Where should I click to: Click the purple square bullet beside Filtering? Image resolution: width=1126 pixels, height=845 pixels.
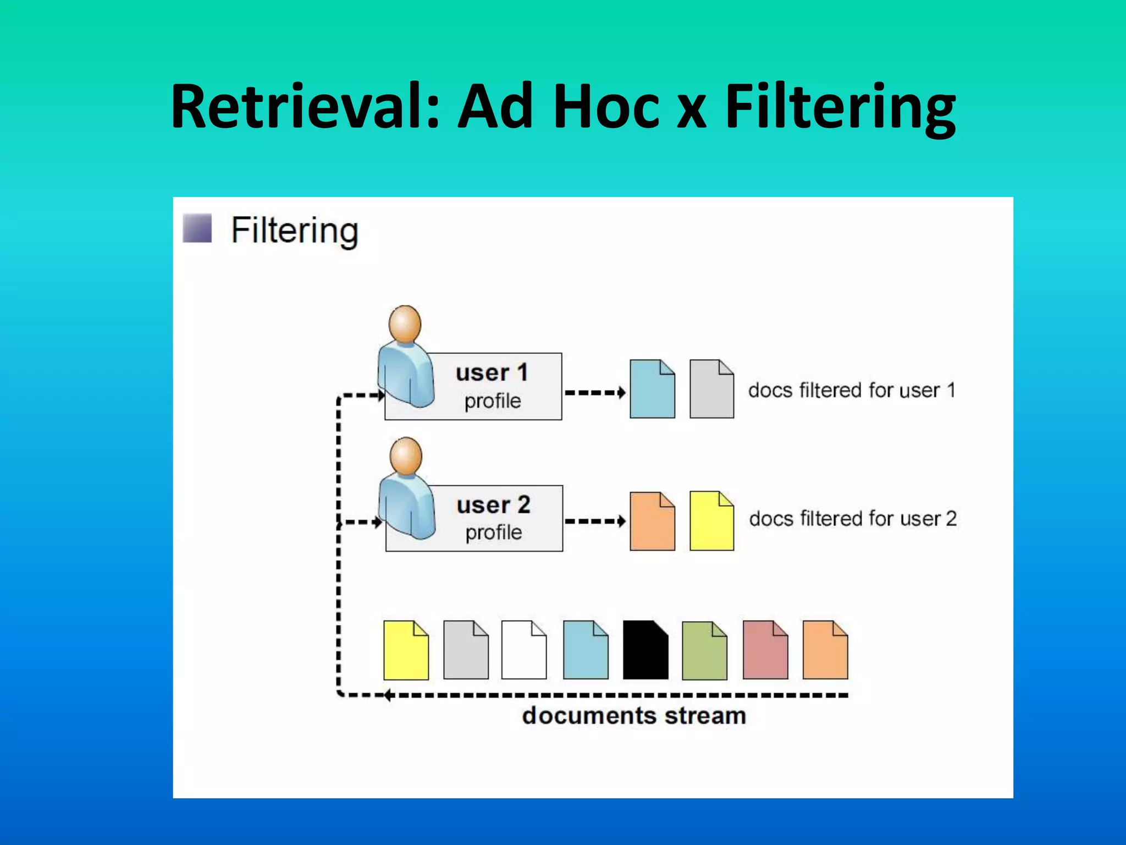pos(197,228)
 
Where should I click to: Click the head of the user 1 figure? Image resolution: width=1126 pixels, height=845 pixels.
pos(405,323)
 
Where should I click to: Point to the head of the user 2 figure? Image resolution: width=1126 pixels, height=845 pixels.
pos(406,456)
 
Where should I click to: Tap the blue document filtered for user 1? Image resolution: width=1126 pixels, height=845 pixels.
pos(652,389)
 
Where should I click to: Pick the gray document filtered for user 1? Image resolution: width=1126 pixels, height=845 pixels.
pos(711,389)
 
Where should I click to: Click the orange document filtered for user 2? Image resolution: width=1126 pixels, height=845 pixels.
pos(652,522)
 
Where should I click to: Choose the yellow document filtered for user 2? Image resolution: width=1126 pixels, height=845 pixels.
pos(711,522)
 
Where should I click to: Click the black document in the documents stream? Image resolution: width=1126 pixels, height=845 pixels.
pos(645,650)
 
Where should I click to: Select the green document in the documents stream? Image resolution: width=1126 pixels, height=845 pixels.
pos(704,651)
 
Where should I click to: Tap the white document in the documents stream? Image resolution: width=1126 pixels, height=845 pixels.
pos(524,650)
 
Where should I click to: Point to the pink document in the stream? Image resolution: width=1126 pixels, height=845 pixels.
pos(765,650)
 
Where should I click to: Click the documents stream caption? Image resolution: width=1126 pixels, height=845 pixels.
pos(634,716)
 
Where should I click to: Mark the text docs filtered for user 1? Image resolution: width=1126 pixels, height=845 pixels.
pos(852,390)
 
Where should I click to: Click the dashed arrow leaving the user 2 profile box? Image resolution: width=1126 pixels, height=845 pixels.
pos(595,521)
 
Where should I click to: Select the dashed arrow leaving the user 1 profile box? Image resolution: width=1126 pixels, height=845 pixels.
pos(595,393)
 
